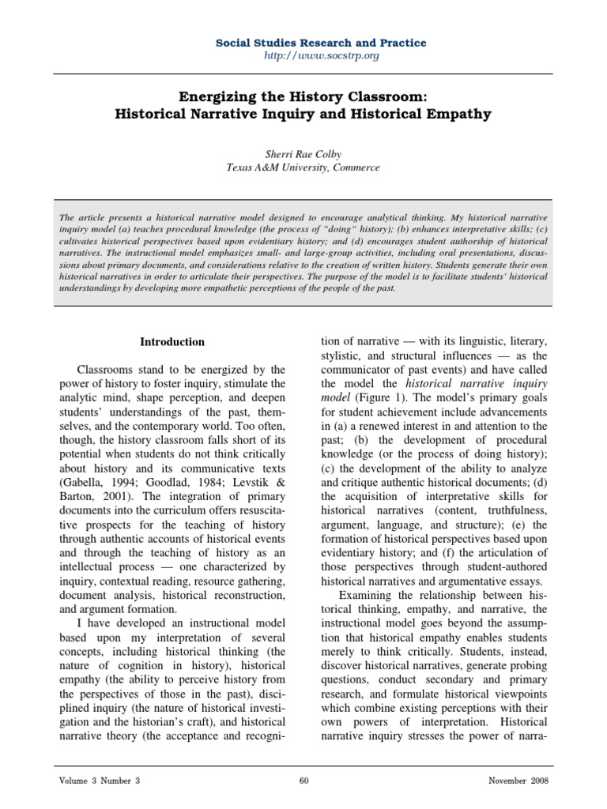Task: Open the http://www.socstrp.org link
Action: [x=304, y=57]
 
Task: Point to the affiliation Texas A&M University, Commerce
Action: [x=304, y=167]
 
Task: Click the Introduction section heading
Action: [x=172, y=342]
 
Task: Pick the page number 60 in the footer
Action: [x=303, y=782]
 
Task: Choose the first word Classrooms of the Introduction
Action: [x=107, y=369]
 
